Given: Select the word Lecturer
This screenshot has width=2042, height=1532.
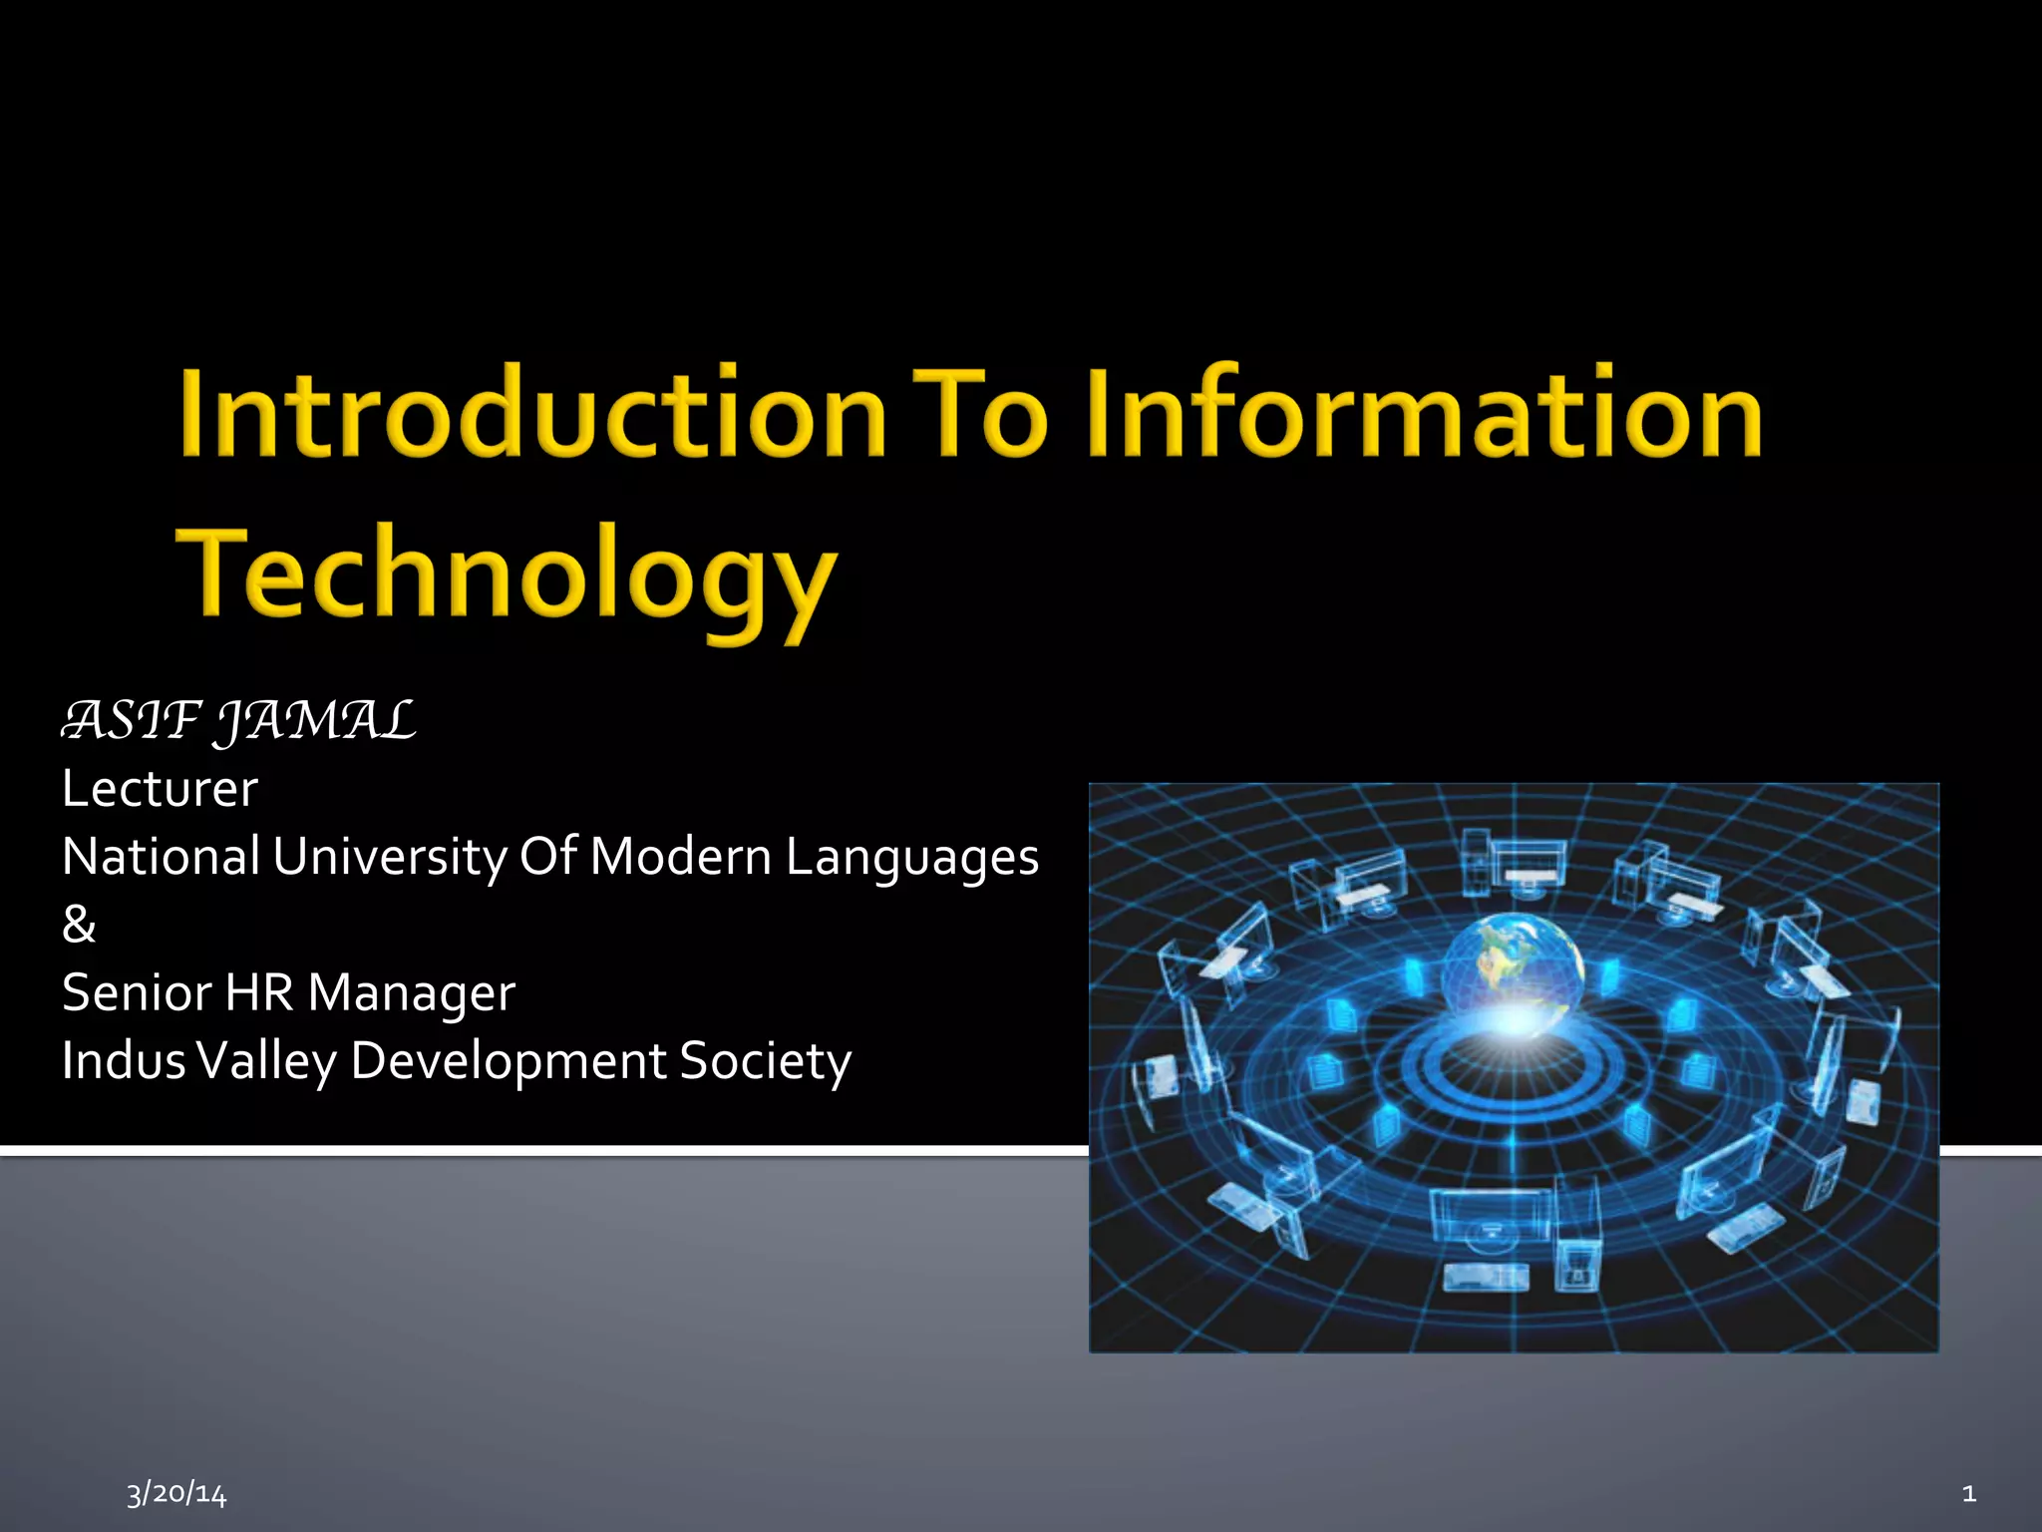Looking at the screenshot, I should point(160,789).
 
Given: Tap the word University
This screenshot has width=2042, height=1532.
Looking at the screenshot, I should point(390,858).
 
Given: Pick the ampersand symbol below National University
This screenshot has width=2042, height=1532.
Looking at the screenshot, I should point(79,925).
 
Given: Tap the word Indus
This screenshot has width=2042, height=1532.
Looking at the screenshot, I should point(124,1060).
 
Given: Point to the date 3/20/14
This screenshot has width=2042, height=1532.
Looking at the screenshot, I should point(176,1493).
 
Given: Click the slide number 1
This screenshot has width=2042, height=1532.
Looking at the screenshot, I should point(1969,1493).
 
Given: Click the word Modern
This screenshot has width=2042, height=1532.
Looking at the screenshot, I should point(680,858).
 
